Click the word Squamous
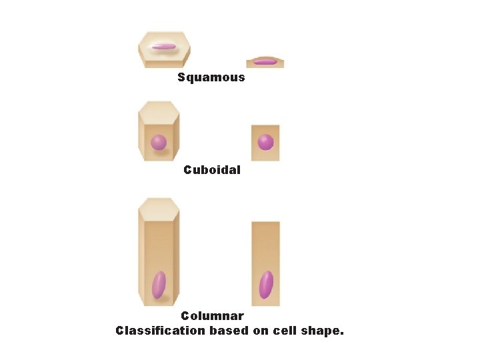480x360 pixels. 211,77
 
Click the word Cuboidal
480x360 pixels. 212,170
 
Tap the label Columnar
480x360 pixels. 212,316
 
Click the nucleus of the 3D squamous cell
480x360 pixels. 163,47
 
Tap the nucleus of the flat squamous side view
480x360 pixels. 265,62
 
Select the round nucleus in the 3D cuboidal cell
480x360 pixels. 159,142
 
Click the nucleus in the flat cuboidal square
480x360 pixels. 265,142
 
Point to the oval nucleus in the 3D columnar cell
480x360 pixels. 159,285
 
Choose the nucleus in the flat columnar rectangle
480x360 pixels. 266,285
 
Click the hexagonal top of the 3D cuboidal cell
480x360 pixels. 159,111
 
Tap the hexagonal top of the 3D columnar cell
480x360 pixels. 159,208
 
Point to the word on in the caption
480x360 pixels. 261,330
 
